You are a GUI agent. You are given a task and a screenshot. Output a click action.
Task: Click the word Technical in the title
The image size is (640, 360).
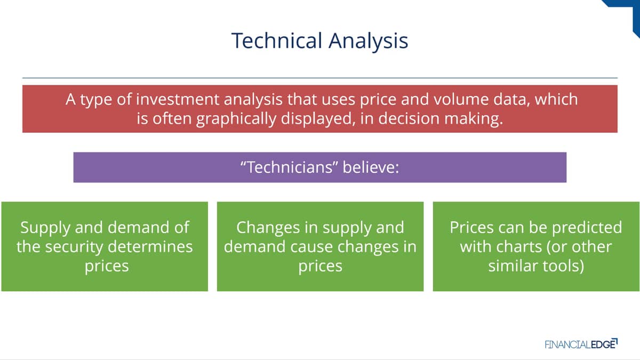coord(277,41)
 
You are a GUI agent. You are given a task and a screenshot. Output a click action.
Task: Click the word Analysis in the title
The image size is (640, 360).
coord(369,42)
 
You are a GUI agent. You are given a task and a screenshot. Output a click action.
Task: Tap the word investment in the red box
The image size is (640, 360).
coord(178,99)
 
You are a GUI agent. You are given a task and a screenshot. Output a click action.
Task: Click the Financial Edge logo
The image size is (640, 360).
coord(581,344)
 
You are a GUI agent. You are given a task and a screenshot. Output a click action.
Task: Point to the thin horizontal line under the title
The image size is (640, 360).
coord(320,78)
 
